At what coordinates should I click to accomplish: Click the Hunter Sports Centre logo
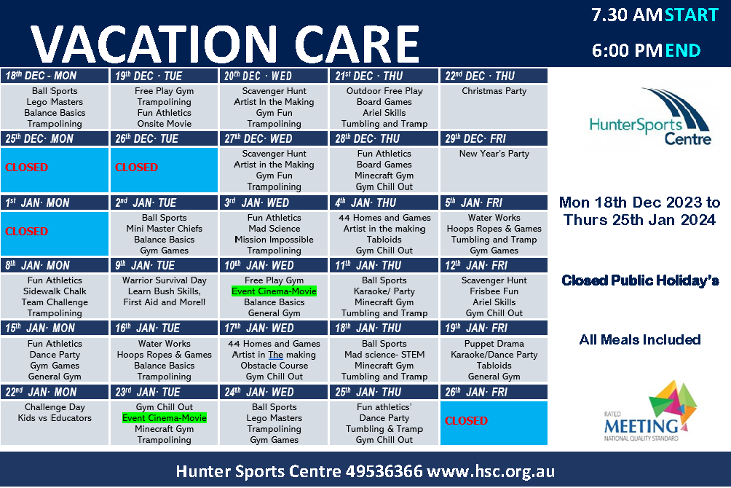650,117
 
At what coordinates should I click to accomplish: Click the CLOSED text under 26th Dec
137,168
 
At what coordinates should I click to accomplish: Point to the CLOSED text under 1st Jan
26,232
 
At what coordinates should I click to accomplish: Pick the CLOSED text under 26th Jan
466,421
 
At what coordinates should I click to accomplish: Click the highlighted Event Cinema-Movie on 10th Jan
274,291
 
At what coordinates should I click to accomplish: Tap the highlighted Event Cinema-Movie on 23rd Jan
165,418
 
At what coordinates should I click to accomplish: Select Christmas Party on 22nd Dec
494,91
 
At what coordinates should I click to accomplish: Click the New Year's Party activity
494,154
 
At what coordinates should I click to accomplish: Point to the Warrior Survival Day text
164,280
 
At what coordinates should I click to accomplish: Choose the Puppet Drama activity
494,344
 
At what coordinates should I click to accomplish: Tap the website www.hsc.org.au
491,472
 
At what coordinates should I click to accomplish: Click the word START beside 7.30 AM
692,15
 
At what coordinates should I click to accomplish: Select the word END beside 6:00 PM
683,50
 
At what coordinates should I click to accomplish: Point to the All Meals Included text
640,339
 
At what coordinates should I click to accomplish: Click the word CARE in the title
357,44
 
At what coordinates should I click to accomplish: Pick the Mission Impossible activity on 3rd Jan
274,240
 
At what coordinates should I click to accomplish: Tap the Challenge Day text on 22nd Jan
55,407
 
